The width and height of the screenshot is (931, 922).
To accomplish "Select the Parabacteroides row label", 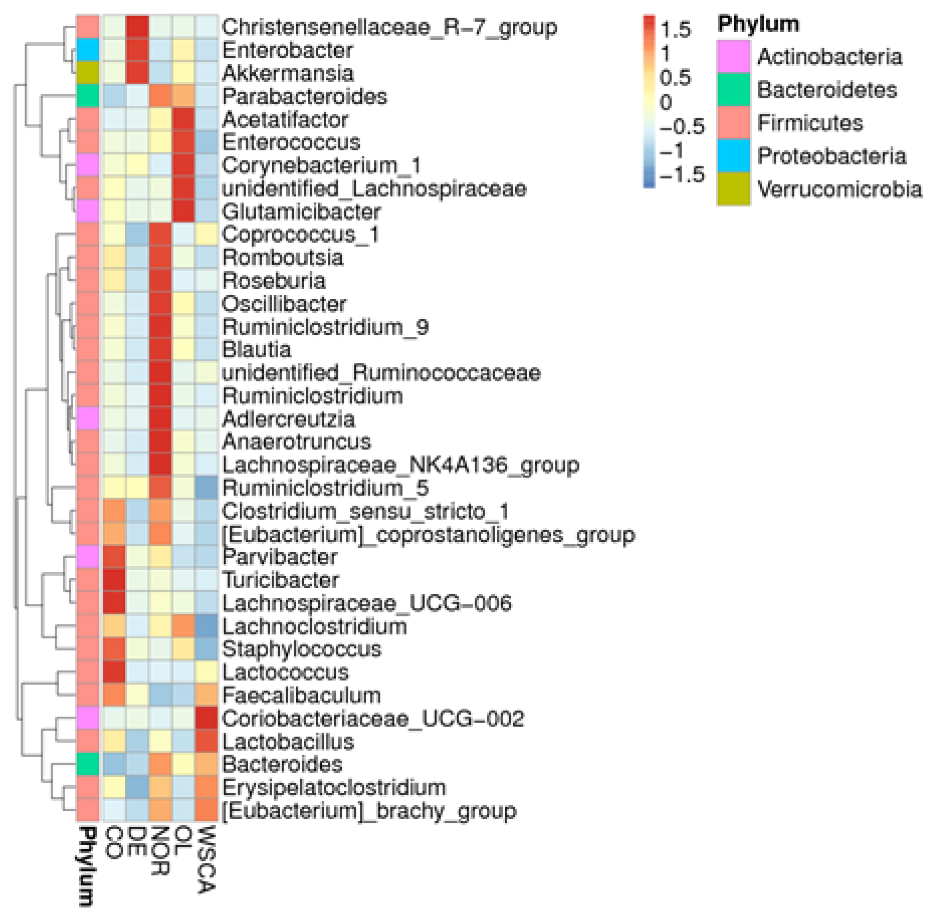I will coord(304,97).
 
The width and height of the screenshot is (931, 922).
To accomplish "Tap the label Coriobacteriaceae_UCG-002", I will coord(372,718).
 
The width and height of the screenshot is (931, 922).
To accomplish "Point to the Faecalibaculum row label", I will coord(301,695).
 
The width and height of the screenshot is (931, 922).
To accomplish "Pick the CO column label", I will coord(114,842).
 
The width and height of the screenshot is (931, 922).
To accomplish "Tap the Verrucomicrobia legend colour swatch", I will coord(733,189).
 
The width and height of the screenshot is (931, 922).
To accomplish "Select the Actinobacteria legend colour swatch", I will coord(733,56).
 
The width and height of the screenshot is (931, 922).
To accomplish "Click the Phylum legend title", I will coord(758,24).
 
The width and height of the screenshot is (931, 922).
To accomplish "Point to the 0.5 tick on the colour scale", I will coord(675,78).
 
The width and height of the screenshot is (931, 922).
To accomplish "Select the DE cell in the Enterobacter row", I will coord(137,50).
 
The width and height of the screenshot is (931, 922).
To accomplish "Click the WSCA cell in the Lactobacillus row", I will coord(207,741).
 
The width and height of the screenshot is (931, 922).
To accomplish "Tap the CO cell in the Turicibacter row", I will coord(114,580).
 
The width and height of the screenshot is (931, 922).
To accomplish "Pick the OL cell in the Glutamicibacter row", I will coord(184,212).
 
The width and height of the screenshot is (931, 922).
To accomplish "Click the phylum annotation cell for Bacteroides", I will coord(88,765).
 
